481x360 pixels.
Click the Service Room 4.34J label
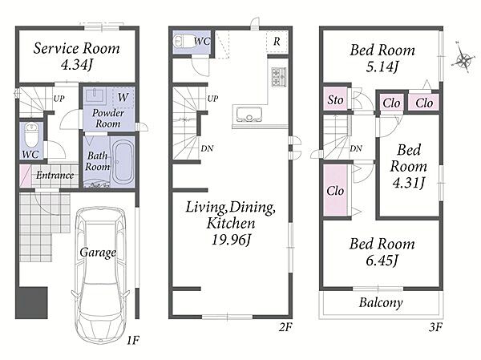pyautogui.click(x=76, y=56)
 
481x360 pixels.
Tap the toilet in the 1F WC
pyautogui.click(x=30, y=135)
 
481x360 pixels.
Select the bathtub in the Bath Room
pyautogui.click(x=123, y=162)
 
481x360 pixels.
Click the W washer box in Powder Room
pyautogui.click(x=123, y=97)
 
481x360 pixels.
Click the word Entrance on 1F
pyautogui.click(x=55, y=176)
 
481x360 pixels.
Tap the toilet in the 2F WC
pyautogui.click(x=184, y=41)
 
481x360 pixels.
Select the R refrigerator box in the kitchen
pyautogui.click(x=277, y=41)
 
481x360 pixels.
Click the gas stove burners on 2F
pyautogui.click(x=278, y=77)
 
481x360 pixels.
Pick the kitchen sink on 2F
pyautogui.click(x=247, y=115)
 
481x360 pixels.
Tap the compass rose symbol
pyautogui.click(x=463, y=59)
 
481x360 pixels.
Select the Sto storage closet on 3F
pyautogui.click(x=335, y=99)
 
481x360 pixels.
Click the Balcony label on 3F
pyautogui.click(x=381, y=302)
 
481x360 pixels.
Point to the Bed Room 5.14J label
pyautogui.click(x=382, y=58)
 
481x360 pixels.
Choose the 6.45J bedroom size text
pyautogui.click(x=382, y=261)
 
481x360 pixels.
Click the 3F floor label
pyautogui.click(x=435, y=327)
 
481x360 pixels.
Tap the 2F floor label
pyautogui.click(x=285, y=327)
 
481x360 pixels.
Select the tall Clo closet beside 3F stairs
pyautogui.click(x=335, y=190)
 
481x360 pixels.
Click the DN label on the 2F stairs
pyautogui.click(x=207, y=148)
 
